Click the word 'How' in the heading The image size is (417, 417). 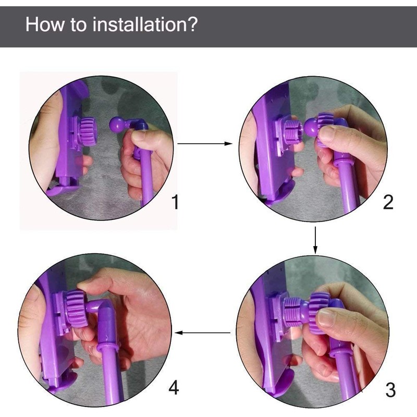[x=45, y=24]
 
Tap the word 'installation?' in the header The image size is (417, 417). [x=145, y=24]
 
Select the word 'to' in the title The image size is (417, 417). [x=79, y=24]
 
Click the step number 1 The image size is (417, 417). [x=175, y=202]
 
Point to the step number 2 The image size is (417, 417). [x=388, y=202]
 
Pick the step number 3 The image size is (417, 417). [x=390, y=390]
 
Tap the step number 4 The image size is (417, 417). [x=174, y=387]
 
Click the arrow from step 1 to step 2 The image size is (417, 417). [x=205, y=144]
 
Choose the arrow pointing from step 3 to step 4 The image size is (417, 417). [x=203, y=333]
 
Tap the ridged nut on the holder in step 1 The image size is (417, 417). [x=88, y=132]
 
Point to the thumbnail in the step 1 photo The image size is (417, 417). [x=140, y=136]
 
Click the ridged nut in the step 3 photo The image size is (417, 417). [x=318, y=312]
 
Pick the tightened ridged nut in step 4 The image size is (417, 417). [x=76, y=309]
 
